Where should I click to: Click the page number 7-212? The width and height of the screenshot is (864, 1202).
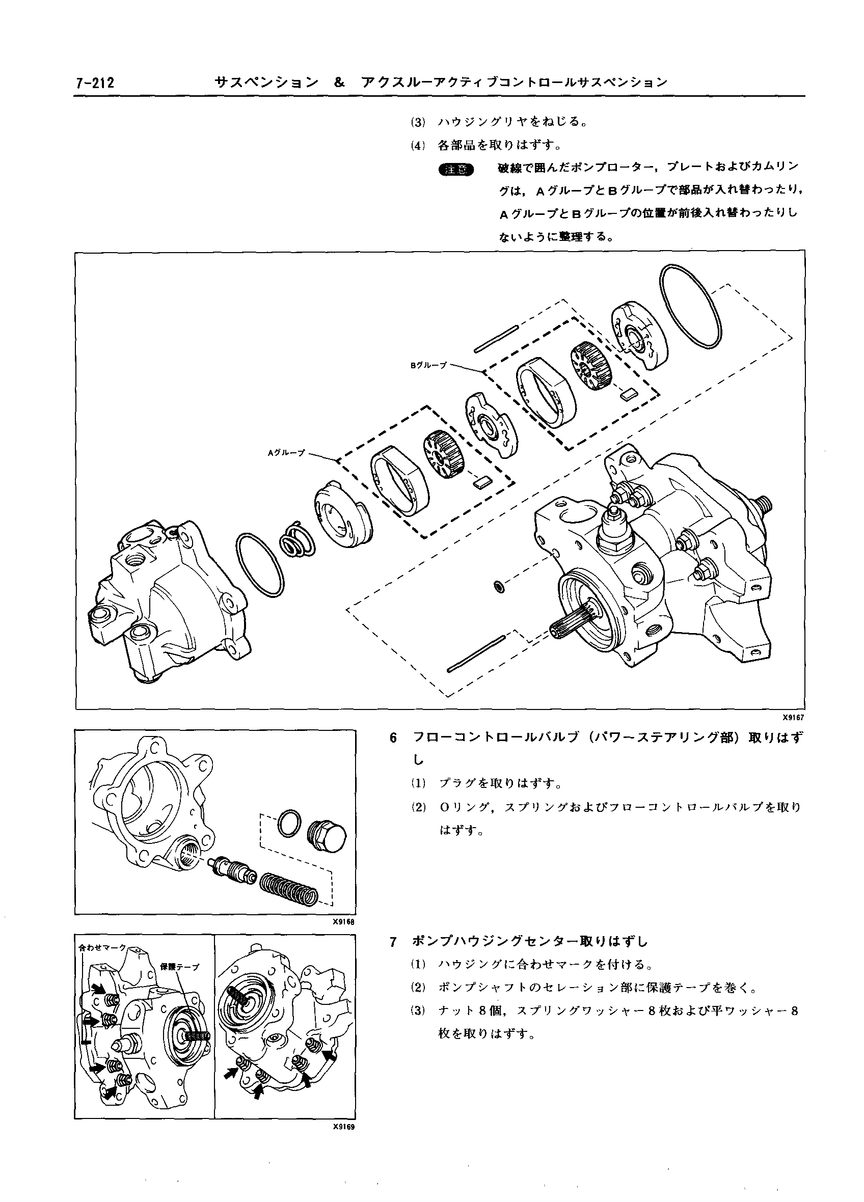(95, 83)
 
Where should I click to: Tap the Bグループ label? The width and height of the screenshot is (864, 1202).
(428, 365)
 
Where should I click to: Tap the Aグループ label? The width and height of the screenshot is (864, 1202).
(286, 453)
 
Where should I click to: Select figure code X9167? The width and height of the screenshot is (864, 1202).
(793, 718)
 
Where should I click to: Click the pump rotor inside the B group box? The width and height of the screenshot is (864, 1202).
(592, 365)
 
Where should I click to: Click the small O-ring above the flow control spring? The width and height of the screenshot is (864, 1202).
(289, 824)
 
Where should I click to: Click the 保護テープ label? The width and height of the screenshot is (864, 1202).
(180, 966)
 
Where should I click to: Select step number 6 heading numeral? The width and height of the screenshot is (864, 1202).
(393, 737)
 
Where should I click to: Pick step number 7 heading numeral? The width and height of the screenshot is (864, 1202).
(393, 942)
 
